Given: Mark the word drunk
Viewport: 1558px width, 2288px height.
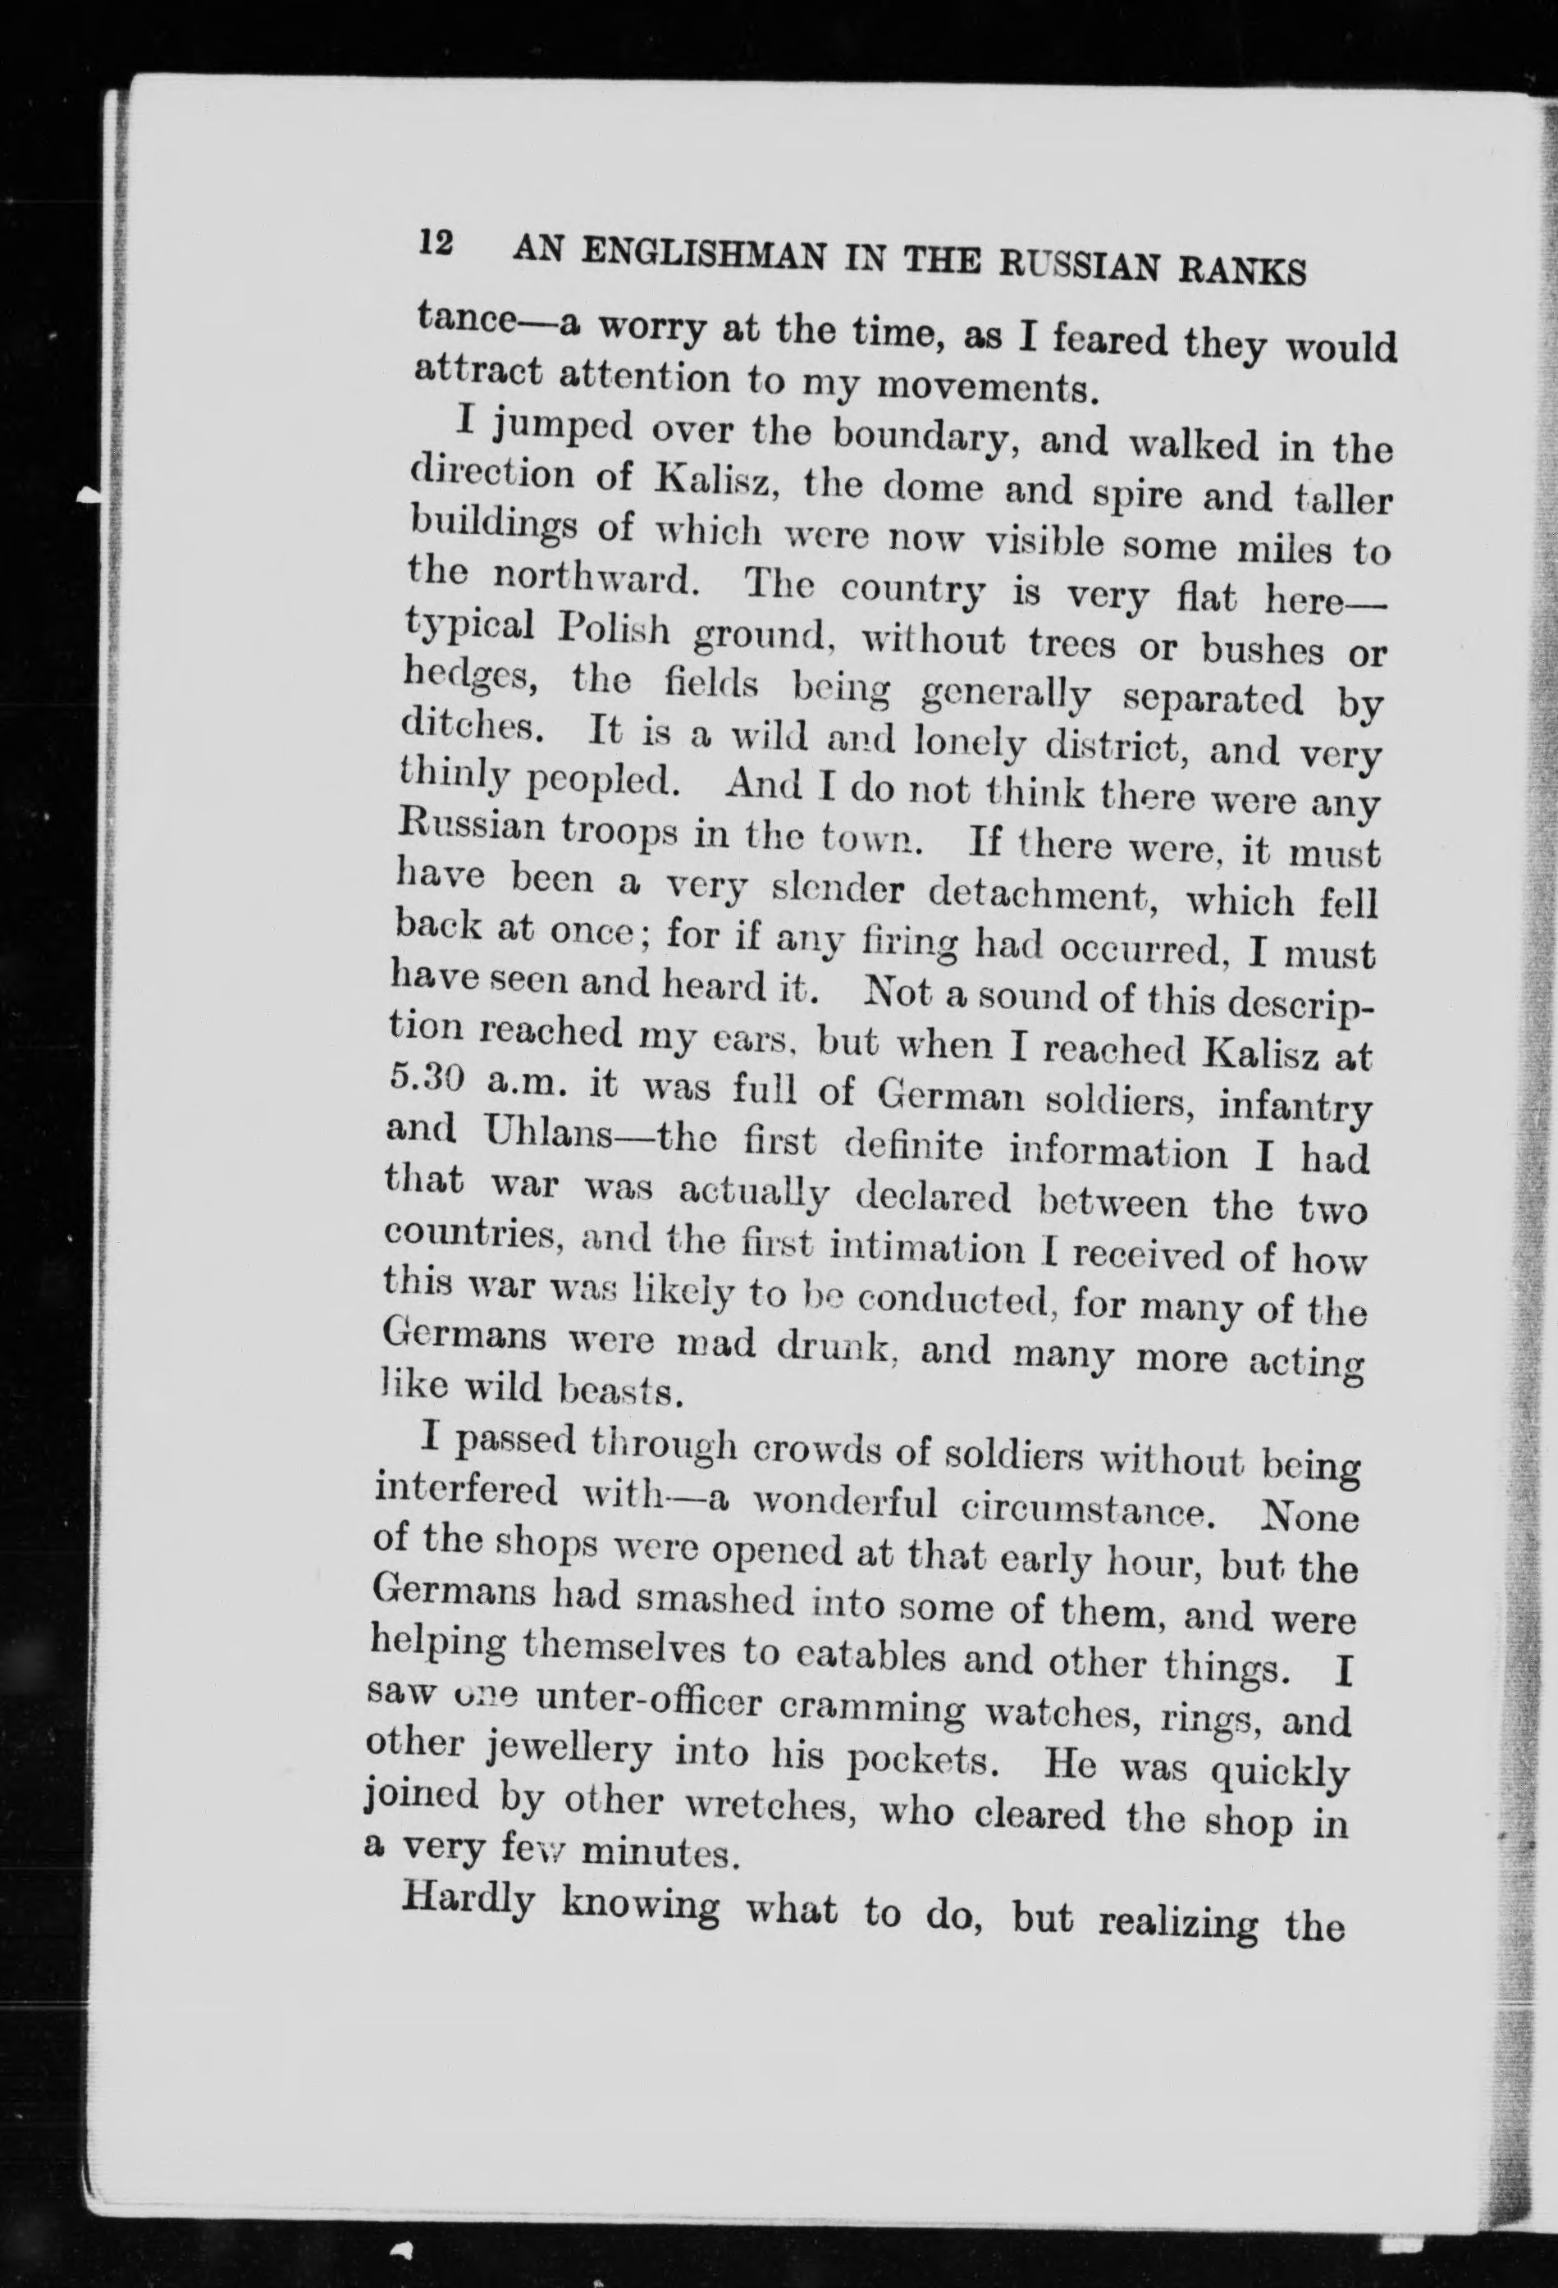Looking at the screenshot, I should [x=834, y=1347].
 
